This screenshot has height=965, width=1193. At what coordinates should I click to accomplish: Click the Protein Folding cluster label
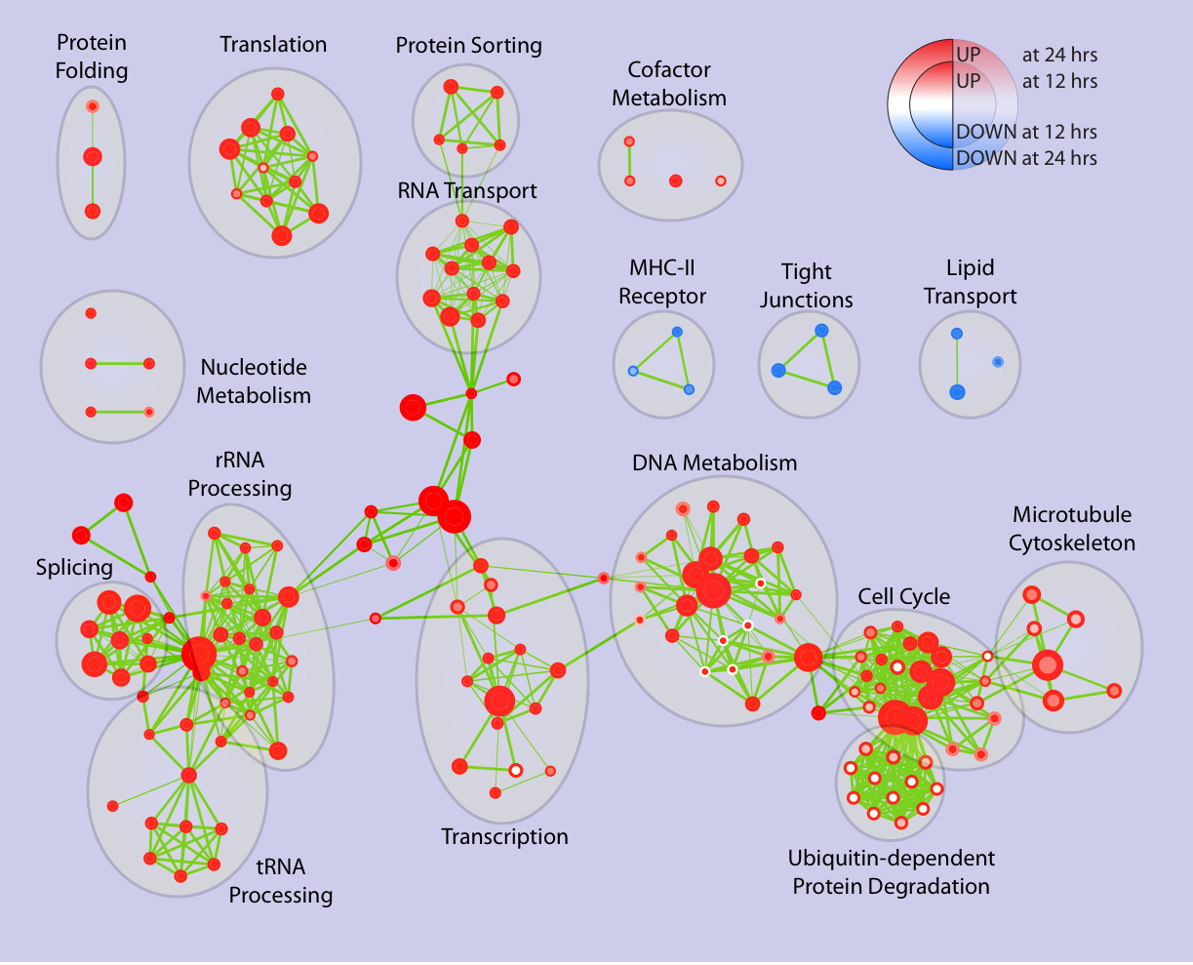[92, 57]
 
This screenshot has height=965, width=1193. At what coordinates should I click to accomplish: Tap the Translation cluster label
[273, 44]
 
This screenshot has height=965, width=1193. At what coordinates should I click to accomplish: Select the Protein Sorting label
[468, 45]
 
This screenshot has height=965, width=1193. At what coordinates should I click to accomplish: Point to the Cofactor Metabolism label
[669, 84]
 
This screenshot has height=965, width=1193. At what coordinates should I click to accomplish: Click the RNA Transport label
[466, 190]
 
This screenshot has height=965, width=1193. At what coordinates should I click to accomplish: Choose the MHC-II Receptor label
[662, 282]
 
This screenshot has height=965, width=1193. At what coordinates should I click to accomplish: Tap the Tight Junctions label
[807, 286]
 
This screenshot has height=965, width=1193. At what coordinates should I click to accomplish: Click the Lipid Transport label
[970, 282]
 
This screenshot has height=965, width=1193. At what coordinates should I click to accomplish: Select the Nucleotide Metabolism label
[254, 382]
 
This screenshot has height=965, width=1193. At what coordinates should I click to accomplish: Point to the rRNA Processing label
[240, 473]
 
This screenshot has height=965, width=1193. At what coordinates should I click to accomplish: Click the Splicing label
[74, 567]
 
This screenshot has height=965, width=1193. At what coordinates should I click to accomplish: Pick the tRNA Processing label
[281, 881]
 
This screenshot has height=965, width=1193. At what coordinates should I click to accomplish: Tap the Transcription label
[504, 837]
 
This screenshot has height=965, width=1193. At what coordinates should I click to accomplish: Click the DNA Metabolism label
[714, 462]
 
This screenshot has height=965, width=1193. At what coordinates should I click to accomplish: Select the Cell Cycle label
[903, 596]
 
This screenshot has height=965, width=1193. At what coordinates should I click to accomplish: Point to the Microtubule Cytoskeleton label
[1072, 529]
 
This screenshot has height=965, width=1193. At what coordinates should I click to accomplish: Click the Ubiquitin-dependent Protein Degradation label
[891, 872]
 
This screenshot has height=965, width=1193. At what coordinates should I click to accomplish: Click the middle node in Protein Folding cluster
[92, 156]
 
